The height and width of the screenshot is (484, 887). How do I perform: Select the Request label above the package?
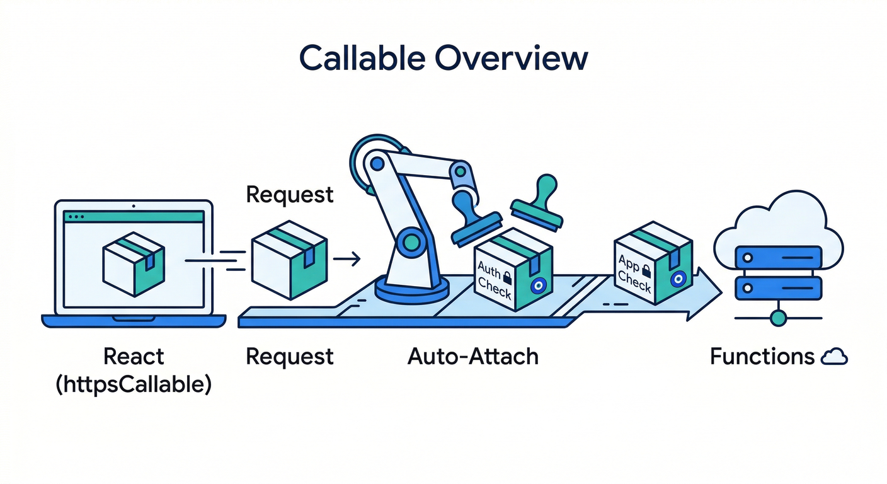pos(289,195)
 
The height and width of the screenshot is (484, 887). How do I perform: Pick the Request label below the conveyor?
pos(289,357)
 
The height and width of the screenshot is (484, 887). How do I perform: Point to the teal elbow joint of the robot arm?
pos(410,240)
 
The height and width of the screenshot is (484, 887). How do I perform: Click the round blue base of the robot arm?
pos(412,290)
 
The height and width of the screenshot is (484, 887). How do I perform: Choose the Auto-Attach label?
pos(473,357)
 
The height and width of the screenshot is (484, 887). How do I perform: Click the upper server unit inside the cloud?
pos(779,257)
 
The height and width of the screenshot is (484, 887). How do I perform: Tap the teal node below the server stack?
pos(779,318)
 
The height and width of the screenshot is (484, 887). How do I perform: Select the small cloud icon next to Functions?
pos(835,358)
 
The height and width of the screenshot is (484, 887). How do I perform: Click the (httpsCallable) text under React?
pos(134,384)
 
